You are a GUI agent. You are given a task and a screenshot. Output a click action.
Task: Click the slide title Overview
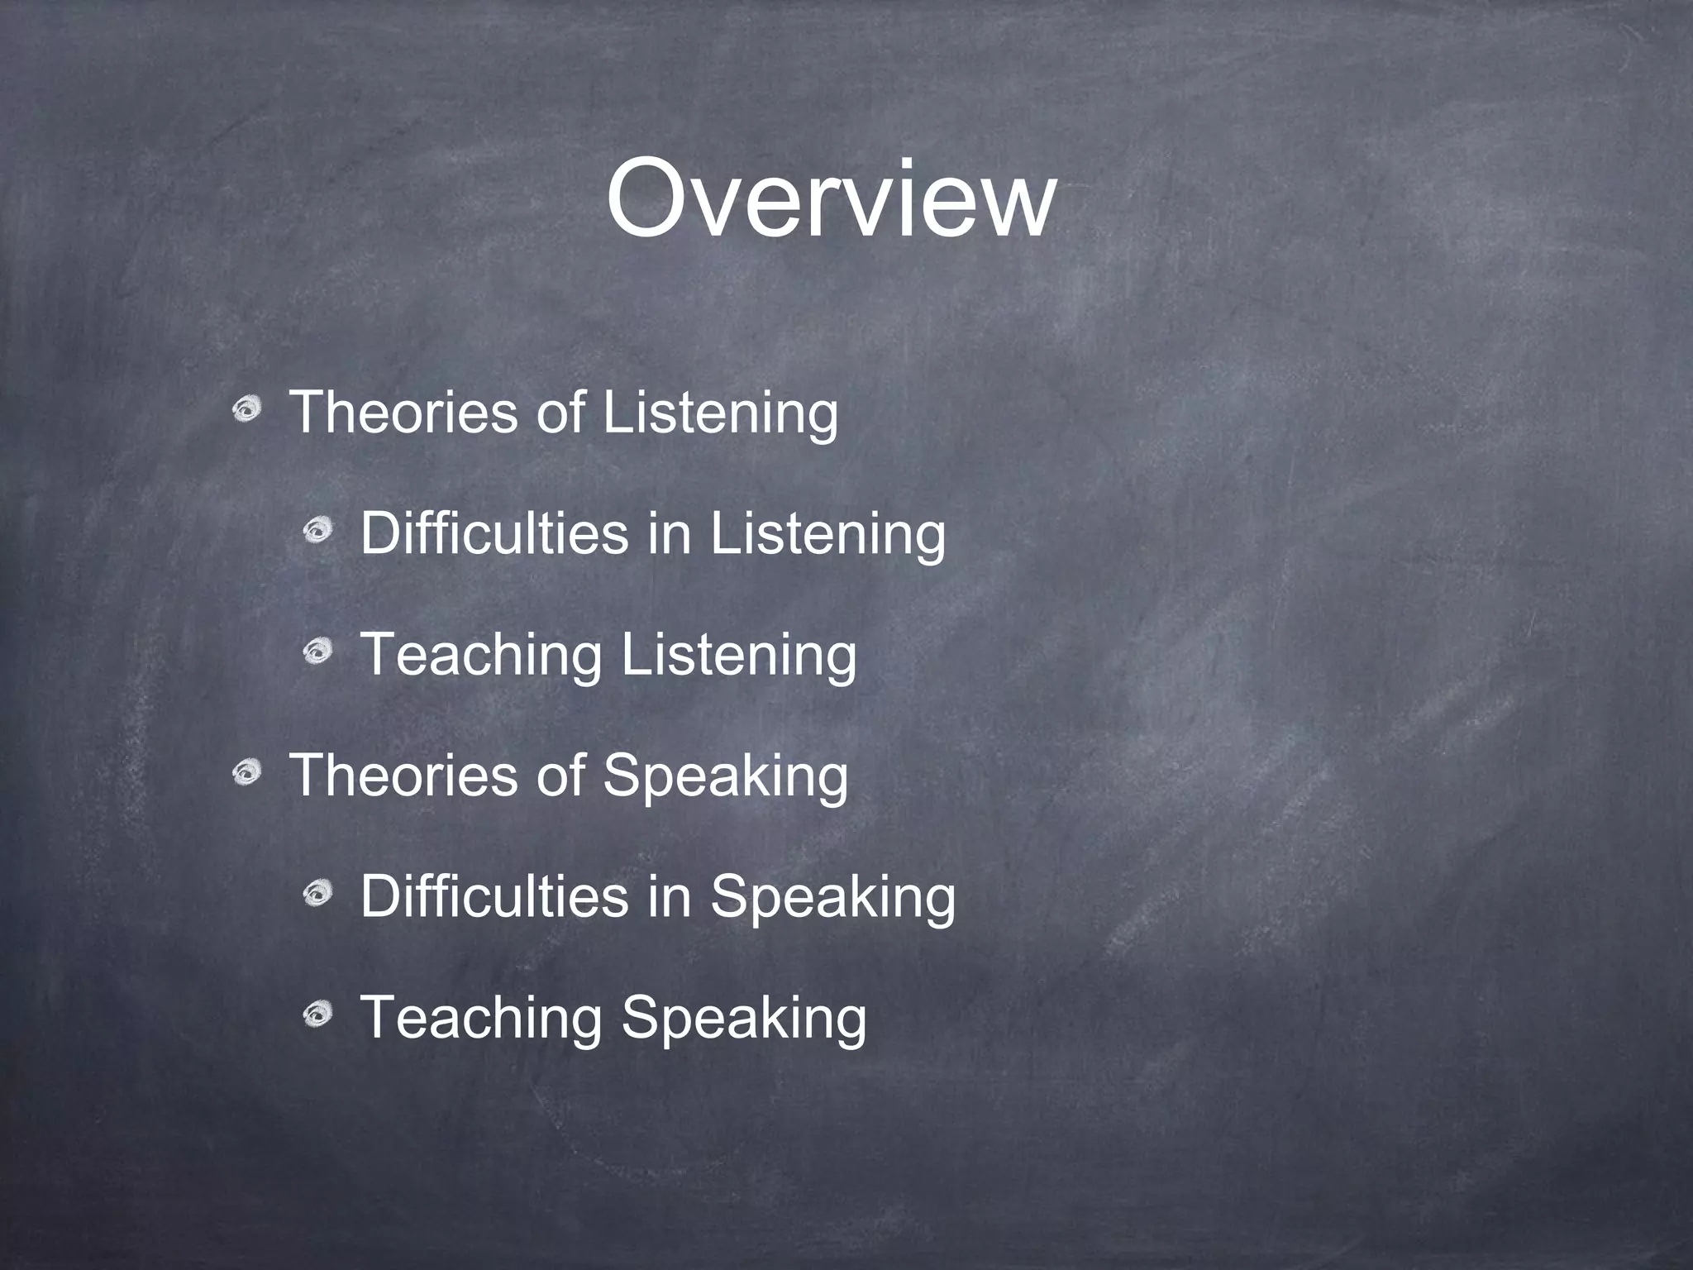(831, 200)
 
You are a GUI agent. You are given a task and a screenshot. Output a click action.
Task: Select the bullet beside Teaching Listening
(317, 652)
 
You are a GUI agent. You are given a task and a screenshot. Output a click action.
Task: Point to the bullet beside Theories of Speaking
(246, 772)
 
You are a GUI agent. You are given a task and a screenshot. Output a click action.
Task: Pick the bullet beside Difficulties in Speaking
(317, 893)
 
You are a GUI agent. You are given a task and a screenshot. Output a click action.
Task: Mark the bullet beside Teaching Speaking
(317, 1014)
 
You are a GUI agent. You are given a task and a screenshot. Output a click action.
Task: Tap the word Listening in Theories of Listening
(720, 413)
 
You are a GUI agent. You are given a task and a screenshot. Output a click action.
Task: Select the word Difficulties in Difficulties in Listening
(494, 533)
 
